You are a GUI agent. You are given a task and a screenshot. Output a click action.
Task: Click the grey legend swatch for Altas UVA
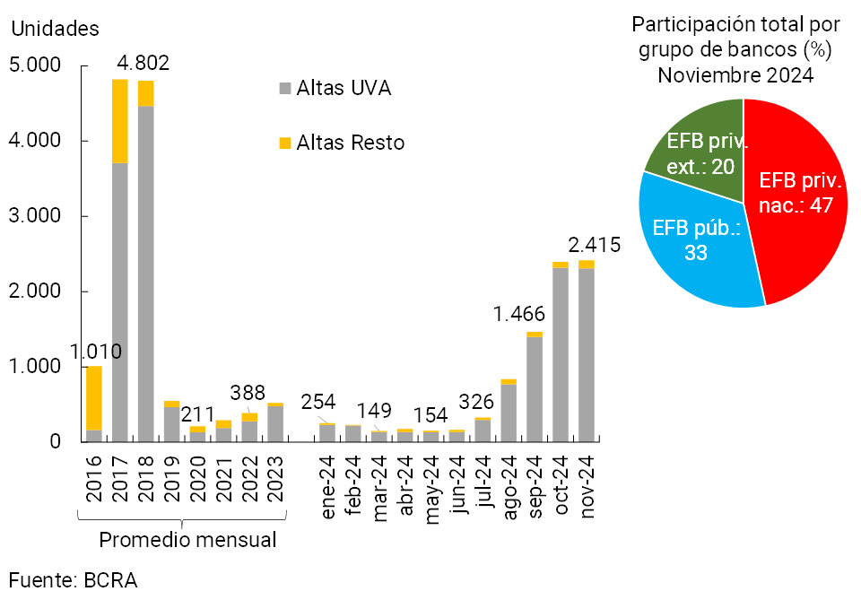(285, 89)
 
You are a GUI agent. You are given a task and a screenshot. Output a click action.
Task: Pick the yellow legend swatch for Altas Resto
(285, 143)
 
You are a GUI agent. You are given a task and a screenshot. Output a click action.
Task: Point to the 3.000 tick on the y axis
(35, 217)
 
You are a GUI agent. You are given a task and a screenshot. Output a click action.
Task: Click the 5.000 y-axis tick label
(35, 66)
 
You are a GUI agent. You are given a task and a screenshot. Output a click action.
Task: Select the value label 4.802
(143, 65)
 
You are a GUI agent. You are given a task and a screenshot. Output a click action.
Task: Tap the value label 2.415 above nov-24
(594, 245)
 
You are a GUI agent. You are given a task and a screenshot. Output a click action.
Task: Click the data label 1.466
(518, 315)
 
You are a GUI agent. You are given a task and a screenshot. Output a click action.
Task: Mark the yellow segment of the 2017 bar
(119, 121)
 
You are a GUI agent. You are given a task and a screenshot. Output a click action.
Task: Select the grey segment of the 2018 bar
(145, 269)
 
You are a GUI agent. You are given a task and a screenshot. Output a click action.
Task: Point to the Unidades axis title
(55, 29)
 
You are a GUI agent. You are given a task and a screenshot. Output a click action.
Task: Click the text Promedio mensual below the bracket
(187, 540)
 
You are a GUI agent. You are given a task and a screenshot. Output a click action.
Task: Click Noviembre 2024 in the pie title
(735, 75)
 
